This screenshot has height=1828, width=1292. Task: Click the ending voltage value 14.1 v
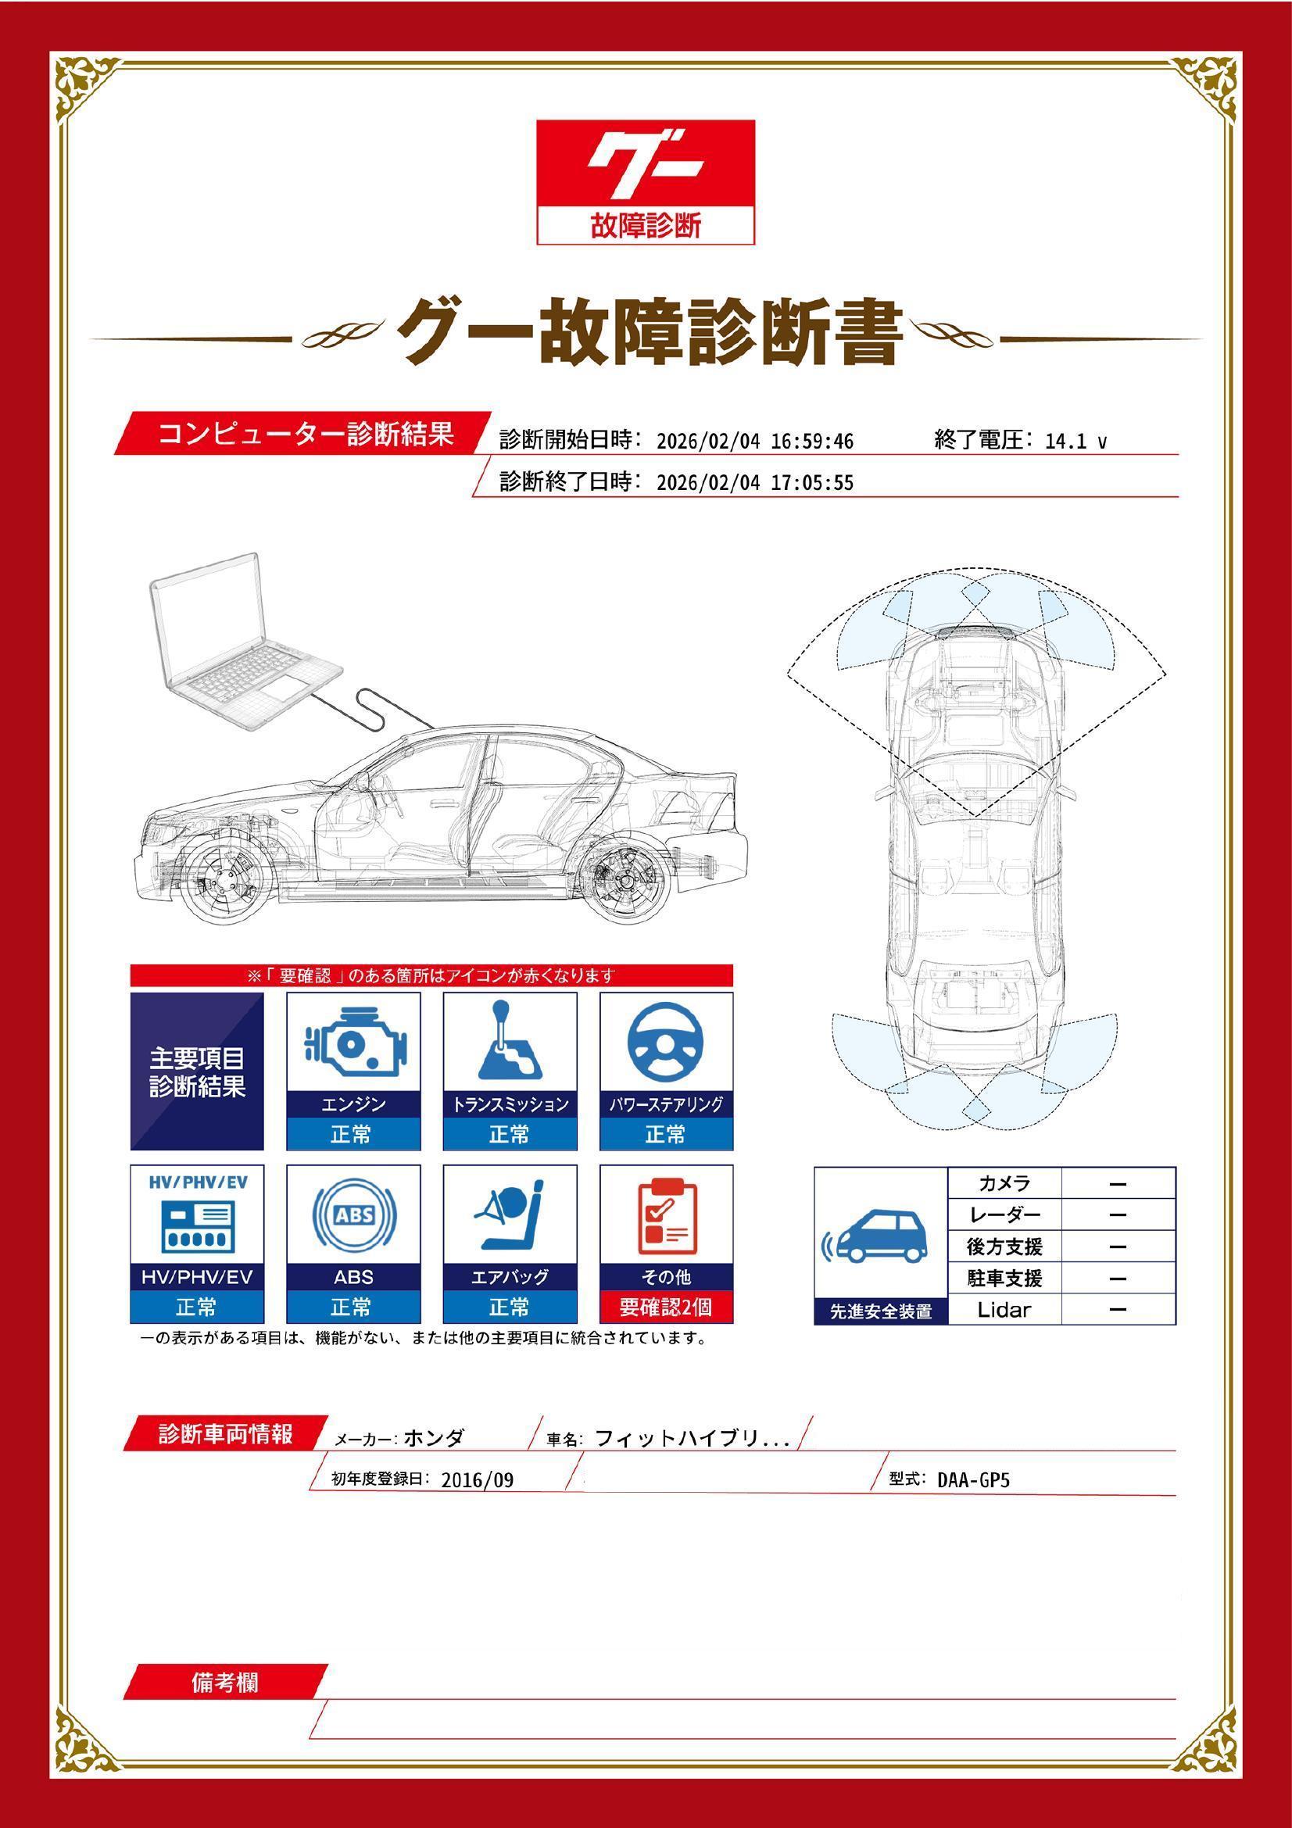click(x=1075, y=442)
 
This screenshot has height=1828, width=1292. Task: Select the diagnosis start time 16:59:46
click(x=811, y=442)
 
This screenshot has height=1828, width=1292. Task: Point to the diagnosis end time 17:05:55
click(x=811, y=483)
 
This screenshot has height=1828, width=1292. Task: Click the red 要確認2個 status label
click(x=665, y=1308)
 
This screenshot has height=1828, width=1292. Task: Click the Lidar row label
click(x=1004, y=1310)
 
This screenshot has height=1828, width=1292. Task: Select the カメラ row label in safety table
click(x=1004, y=1183)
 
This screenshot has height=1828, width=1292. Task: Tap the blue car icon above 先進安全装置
click(x=878, y=1238)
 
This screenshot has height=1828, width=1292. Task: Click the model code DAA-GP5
click(x=973, y=1480)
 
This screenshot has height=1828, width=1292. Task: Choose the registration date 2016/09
click(x=477, y=1480)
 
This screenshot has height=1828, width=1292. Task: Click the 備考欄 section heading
click(x=224, y=1683)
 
